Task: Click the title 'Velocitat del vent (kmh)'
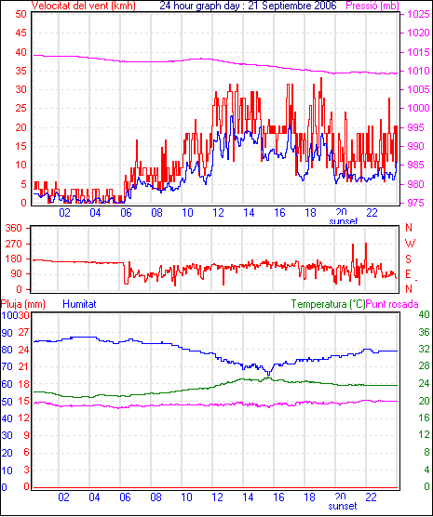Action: [x=83, y=6]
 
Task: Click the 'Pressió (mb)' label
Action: [x=372, y=6]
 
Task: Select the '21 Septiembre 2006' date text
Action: [x=292, y=6]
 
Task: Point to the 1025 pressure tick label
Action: [x=418, y=14]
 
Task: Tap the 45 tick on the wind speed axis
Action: [x=20, y=33]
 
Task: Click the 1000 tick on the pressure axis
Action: [x=418, y=108]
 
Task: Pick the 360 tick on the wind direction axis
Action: [x=14, y=228]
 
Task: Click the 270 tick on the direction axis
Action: [x=14, y=244]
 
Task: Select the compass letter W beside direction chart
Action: [x=410, y=244]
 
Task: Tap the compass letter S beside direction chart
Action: [x=409, y=259]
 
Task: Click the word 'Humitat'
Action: [x=79, y=304]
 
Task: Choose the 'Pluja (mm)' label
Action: [x=22, y=304]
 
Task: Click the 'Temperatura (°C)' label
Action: [x=329, y=304]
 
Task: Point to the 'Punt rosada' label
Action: [x=392, y=304]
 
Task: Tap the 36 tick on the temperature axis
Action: [x=424, y=332]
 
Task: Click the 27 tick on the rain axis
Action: [x=23, y=332]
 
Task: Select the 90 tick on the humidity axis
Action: [x=7, y=333]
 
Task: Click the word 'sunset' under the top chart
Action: [x=344, y=221]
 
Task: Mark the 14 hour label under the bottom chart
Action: [x=248, y=497]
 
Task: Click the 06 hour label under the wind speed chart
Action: [x=126, y=213]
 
